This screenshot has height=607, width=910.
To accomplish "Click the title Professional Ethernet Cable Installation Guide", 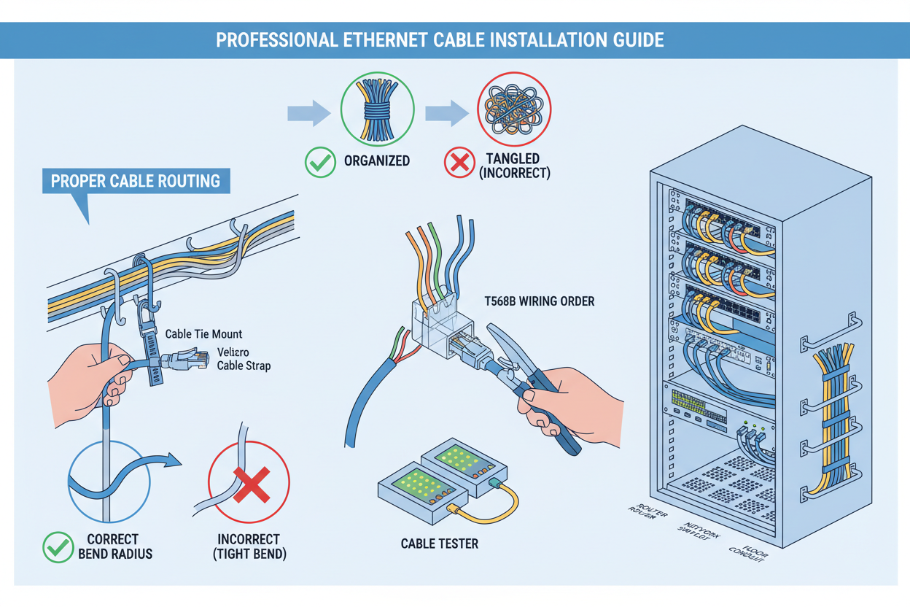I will coord(440,39).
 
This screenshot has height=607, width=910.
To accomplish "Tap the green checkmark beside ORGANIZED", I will coord(320,161).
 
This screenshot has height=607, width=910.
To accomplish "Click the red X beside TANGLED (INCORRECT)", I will coord(459,162).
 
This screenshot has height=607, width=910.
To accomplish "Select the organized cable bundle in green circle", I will coord(377,112).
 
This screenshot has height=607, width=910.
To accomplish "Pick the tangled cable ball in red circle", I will coord(513,112).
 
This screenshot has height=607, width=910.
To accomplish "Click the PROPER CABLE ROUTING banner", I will coord(136,180).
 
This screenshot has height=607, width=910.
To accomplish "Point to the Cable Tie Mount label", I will coord(203,334).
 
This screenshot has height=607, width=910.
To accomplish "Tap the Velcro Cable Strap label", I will coord(244,359).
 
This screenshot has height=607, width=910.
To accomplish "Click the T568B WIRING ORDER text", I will coord(539,301).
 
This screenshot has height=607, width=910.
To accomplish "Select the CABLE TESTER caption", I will coord(439,544).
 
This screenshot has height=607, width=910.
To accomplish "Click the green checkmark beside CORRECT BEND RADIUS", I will coord(58,546).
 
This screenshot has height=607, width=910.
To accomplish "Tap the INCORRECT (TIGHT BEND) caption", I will coord(249,546).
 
